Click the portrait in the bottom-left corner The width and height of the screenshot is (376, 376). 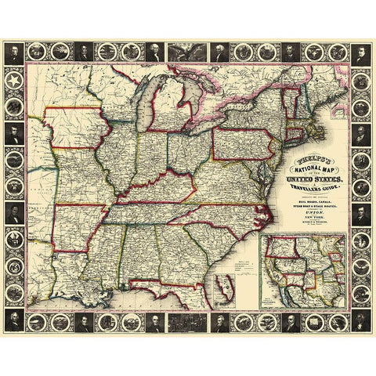pos(16,319)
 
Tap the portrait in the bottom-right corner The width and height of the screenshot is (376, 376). pos(360,319)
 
